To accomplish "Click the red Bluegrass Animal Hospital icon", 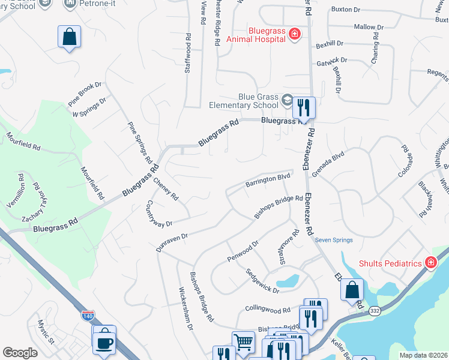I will tap(294, 34).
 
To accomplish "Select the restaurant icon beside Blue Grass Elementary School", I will tap(304, 108).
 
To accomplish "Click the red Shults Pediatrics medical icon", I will tap(430, 263).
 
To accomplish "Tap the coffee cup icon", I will tap(104, 342).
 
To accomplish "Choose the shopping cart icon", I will tap(243, 342).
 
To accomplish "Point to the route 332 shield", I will tap(375, 310).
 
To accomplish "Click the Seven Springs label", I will tap(334, 240).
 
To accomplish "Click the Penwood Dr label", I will tap(243, 251).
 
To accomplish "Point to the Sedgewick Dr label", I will tap(263, 280).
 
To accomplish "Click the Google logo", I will tap(20, 353).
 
